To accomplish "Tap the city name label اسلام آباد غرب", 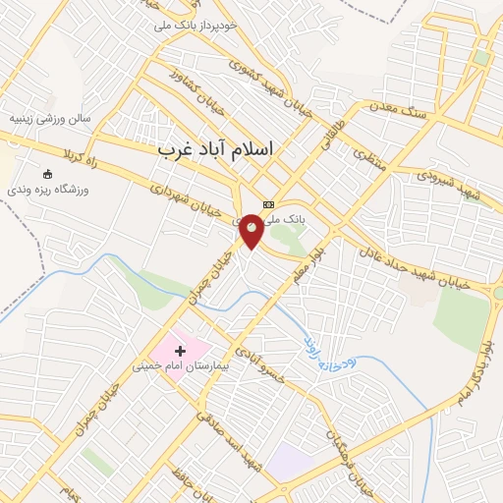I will tap(216, 148).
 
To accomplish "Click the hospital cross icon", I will tap(180, 350).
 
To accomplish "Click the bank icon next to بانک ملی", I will tap(268, 205).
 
